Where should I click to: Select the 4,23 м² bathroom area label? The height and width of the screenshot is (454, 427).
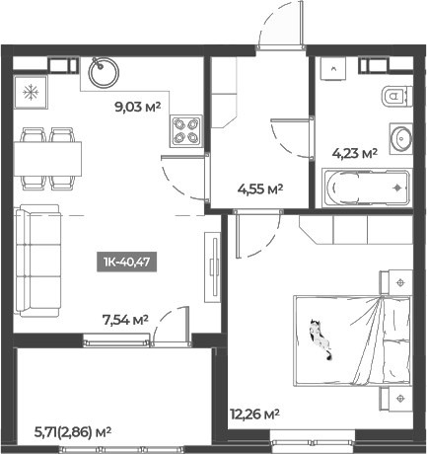coord(356,153)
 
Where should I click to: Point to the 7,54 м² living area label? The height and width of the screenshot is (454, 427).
coord(126,319)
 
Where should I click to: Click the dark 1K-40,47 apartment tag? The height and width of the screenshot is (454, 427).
coord(128,262)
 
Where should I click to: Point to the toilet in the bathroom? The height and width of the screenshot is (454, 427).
coord(392,97)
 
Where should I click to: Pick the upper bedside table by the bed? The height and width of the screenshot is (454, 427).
coord(398,283)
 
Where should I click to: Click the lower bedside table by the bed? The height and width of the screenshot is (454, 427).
coord(398,397)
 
